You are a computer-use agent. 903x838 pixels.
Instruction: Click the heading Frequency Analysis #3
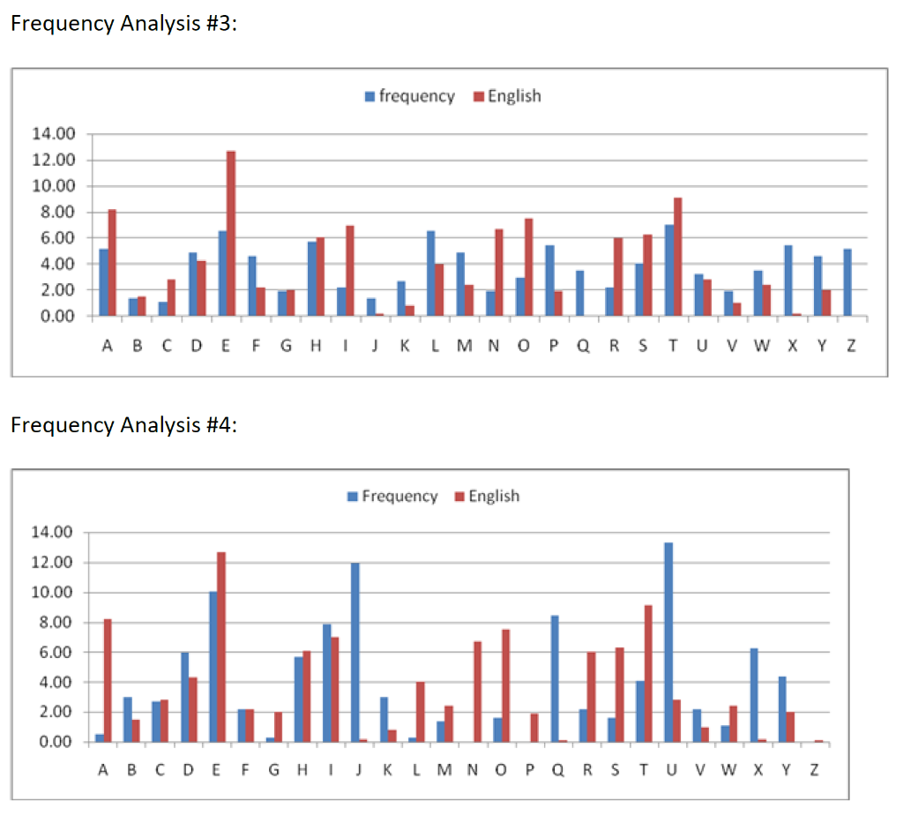tap(123, 24)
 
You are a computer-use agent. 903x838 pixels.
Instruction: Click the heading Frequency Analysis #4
tap(123, 425)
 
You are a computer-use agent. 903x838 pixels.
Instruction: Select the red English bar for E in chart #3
tap(231, 233)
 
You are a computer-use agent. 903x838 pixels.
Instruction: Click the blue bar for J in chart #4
tap(354, 653)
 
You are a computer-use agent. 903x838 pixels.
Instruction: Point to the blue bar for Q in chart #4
tap(556, 678)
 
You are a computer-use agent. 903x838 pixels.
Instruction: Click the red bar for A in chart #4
tap(108, 680)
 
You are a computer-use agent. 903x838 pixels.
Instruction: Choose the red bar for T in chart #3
tap(677, 257)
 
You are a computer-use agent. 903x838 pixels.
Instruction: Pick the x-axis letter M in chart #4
tap(444, 771)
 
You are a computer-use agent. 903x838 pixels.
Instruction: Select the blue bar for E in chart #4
tap(213, 667)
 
